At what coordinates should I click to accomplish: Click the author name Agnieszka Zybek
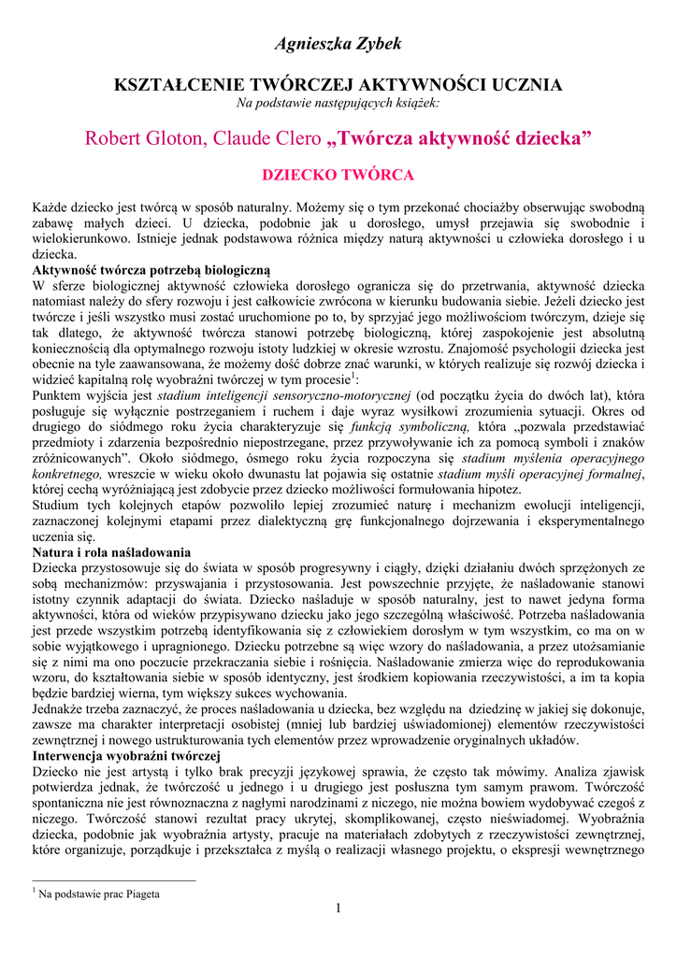tap(338, 44)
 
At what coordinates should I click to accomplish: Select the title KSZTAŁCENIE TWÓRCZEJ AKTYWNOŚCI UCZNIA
tap(338, 85)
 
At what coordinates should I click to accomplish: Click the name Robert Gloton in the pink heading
tap(145, 139)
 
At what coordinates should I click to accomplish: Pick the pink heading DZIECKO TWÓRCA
tap(338, 175)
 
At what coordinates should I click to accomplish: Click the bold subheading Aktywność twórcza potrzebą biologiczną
tap(151, 269)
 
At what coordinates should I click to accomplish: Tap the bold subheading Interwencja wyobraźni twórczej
tap(125, 755)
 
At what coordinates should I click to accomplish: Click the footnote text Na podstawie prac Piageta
tap(98, 893)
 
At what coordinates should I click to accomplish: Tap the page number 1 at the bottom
tap(338, 909)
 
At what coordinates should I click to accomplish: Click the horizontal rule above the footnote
tap(113, 879)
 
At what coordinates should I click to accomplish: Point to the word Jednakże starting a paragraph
tap(61, 708)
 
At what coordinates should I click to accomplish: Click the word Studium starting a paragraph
tap(58, 506)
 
